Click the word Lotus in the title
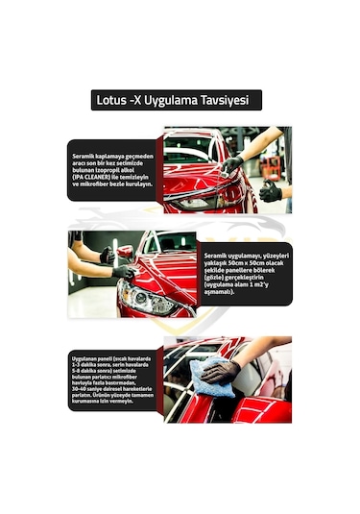[112, 100]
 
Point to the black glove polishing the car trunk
[231, 164]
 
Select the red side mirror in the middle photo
[125, 252]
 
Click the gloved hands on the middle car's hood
[115, 263]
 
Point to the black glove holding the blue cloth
[223, 370]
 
